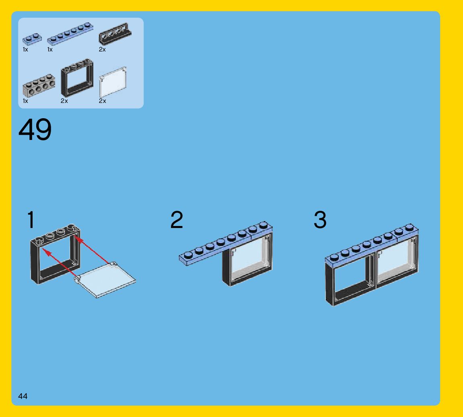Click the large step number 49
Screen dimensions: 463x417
point(35,130)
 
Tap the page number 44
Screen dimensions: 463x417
point(23,396)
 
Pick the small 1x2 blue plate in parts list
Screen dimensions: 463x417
point(32,39)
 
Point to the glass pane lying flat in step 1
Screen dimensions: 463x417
point(105,279)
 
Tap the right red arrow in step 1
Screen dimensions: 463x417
point(95,251)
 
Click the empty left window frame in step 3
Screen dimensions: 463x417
point(350,277)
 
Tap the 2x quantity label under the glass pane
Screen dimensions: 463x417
point(102,101)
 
